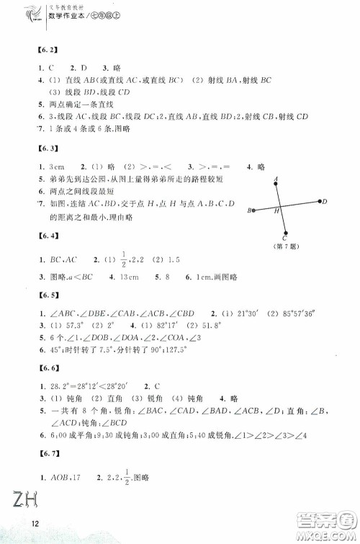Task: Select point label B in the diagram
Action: click(x=249, y=211)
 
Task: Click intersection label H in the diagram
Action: click(x=276, y=212)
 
